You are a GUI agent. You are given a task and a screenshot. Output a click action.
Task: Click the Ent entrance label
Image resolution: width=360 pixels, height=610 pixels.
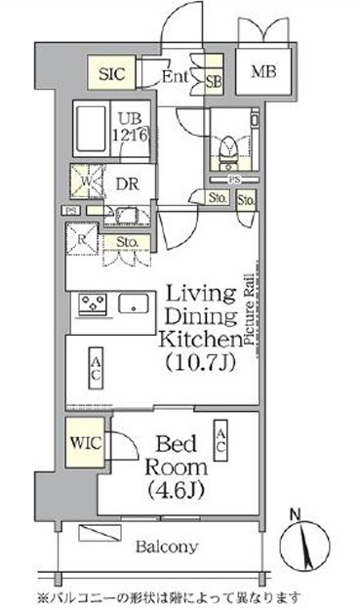click(x=175, y=74)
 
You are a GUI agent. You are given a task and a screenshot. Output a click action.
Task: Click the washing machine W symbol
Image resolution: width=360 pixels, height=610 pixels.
click(x=86, y=182)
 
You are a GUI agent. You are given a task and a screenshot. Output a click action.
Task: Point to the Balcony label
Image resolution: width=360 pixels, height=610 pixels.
click(x=167, y=546)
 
